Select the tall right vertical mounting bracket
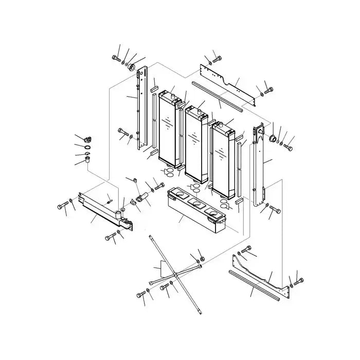click(259, 165)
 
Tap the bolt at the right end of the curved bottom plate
click(299, 281)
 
